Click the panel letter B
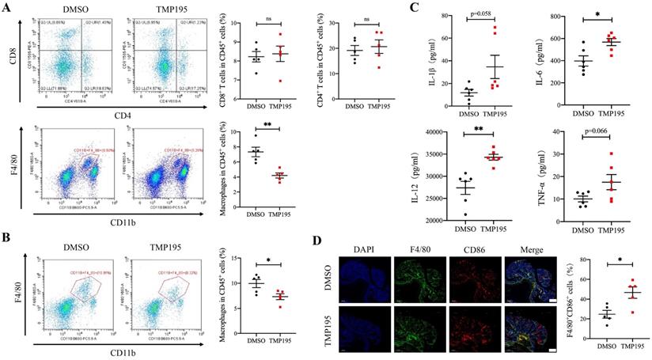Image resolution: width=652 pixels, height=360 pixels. (7, 234)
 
